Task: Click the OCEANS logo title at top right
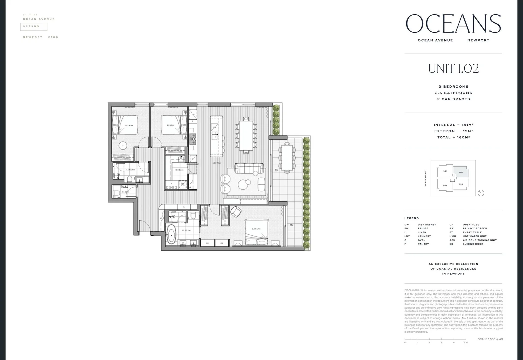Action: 453,24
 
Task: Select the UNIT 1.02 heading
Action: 453,68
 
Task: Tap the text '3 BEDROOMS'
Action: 453,87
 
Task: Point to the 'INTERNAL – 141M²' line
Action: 453,125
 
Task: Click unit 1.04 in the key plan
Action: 445,185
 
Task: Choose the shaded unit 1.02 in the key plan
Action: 461,172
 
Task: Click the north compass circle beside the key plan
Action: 481,193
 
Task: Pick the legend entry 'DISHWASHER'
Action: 427,225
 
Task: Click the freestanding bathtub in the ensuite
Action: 171,234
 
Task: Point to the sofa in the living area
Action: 249,168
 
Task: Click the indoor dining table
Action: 246,135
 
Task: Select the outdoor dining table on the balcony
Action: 287,157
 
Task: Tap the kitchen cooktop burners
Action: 193,139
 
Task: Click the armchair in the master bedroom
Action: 236,211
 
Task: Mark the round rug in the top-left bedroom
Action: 123,145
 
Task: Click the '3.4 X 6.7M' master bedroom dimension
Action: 256,229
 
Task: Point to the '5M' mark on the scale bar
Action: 466,342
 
